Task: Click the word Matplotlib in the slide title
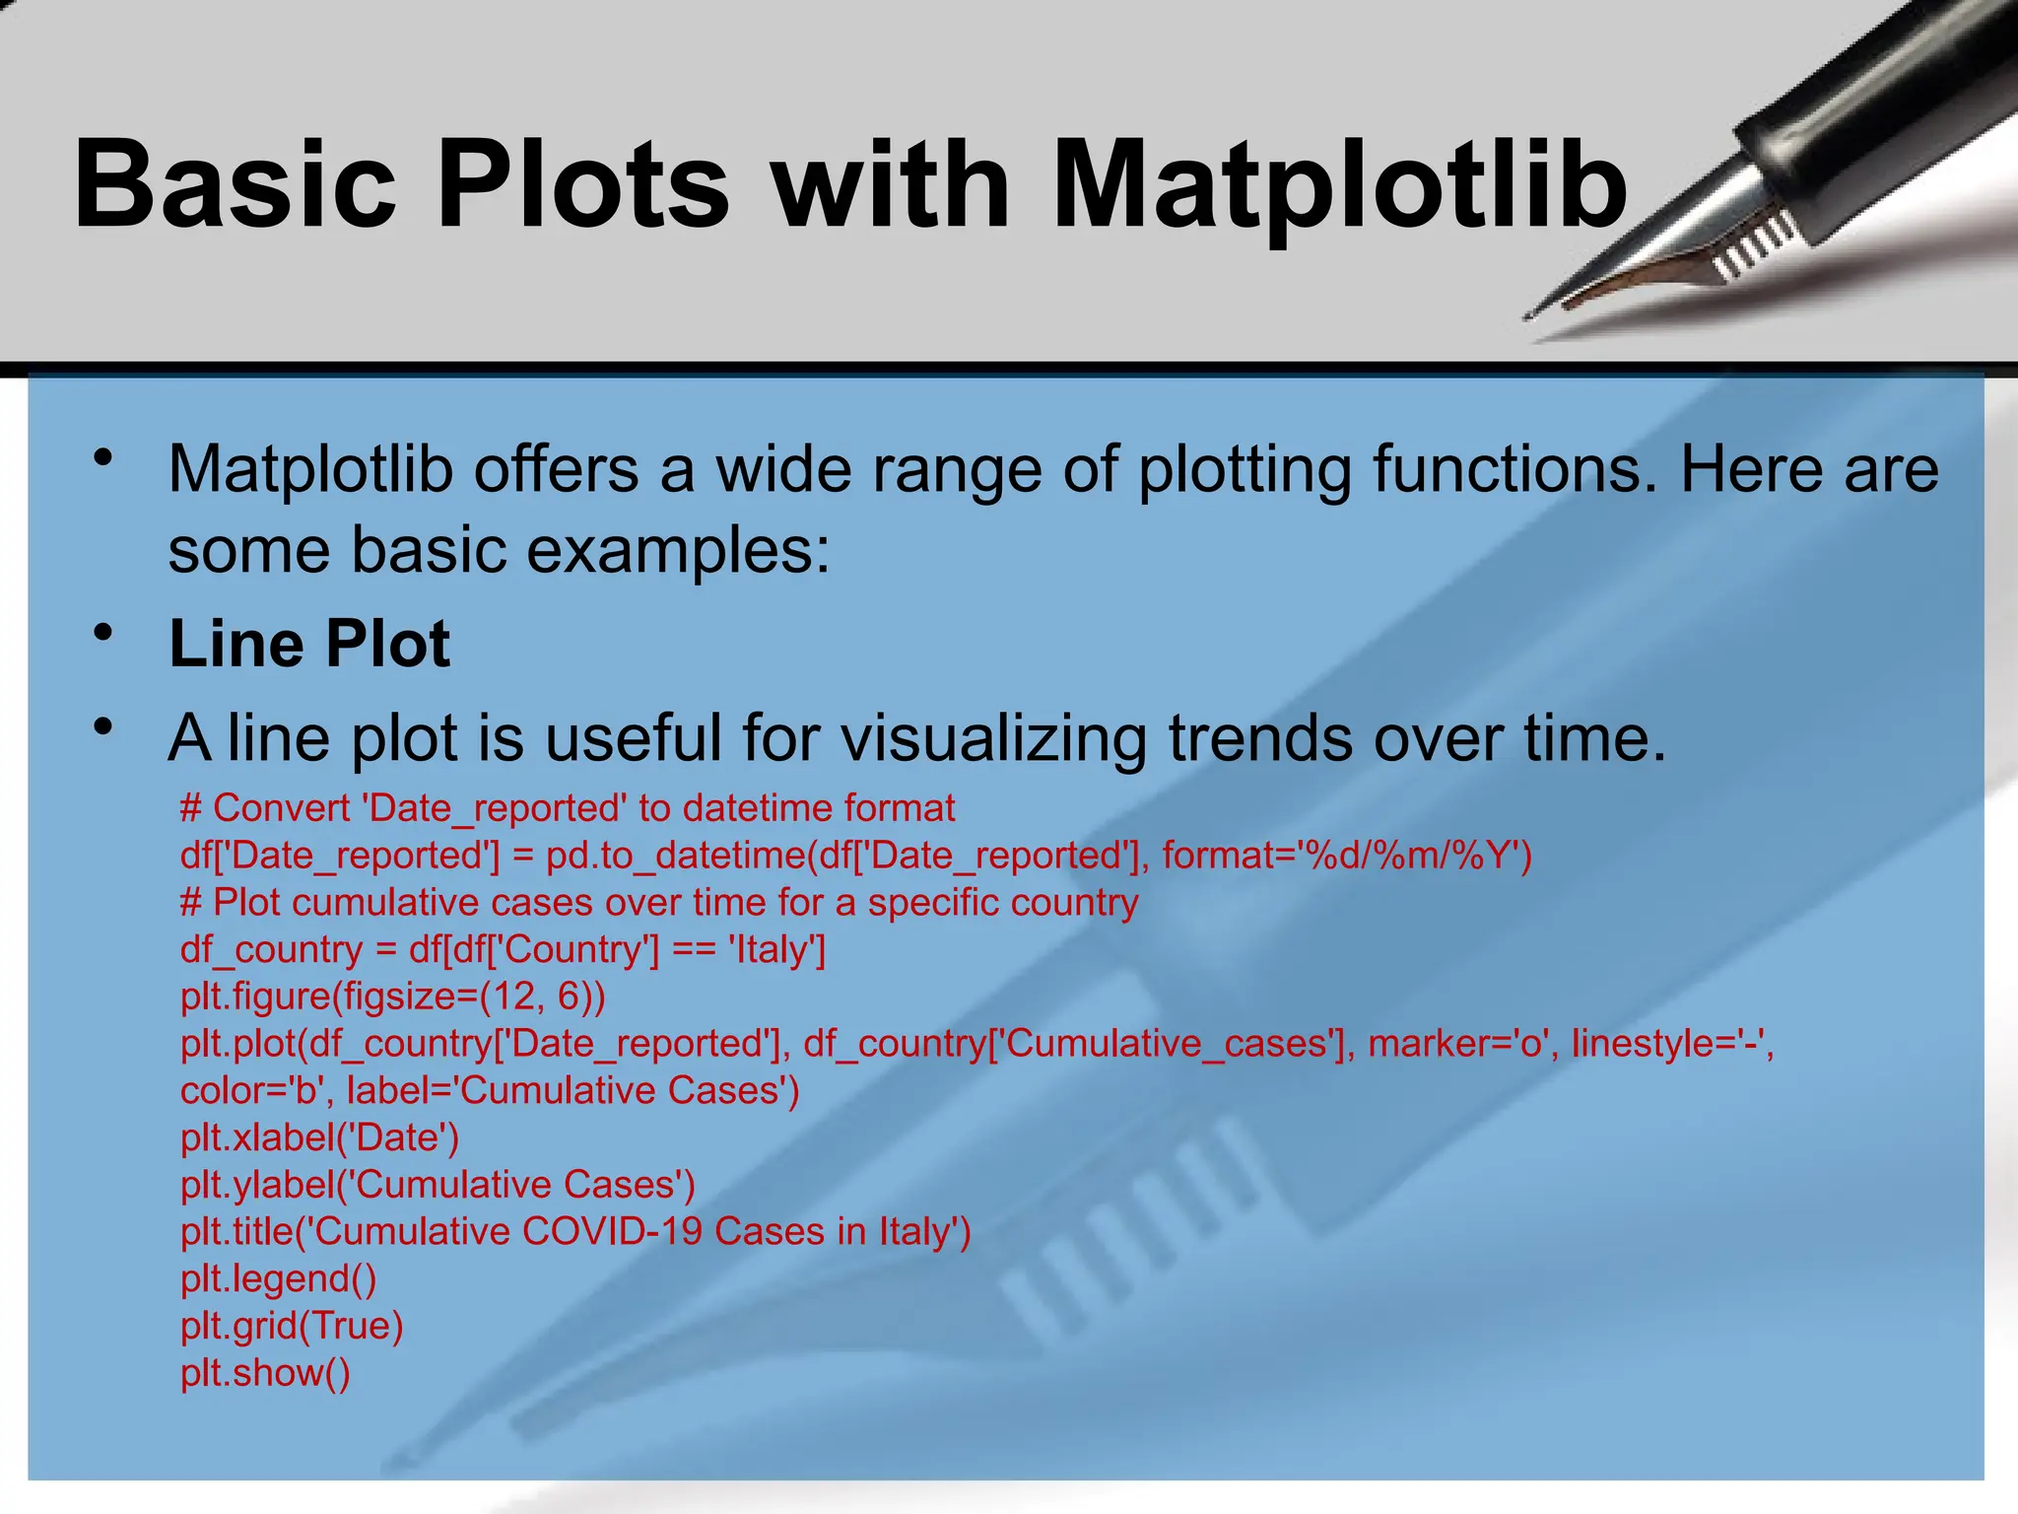(x=1340, y=185)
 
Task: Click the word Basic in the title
(x=235, y=185)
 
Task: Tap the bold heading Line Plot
(x=309, y=644)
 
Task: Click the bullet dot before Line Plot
(x=103, y=632)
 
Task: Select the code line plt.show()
(x=265, y=1372)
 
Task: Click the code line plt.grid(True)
(x=292, y=1326)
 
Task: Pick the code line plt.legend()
(x=278, y=1278)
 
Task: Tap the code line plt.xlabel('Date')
(x=319, y=1137)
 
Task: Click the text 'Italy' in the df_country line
(x=776, y=949)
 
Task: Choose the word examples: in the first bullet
(x=679, y=549)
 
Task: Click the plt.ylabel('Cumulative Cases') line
(x=437, y=1184)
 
